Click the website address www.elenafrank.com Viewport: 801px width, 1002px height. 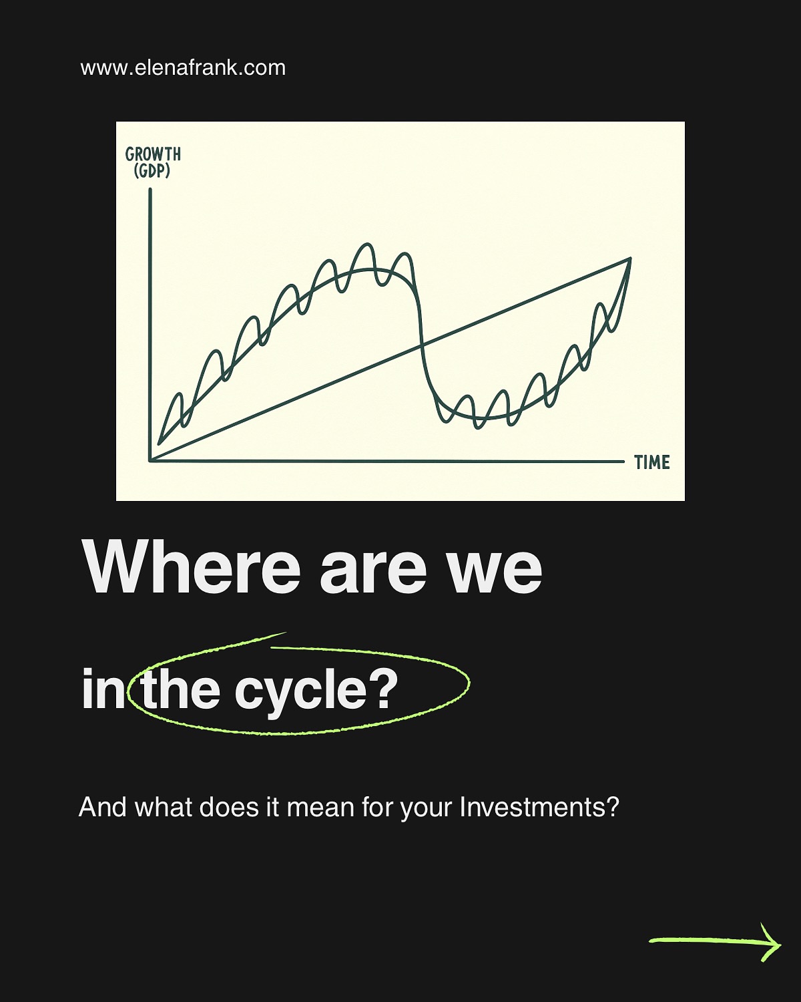[183, 67]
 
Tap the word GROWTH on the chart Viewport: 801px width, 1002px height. [153, 154]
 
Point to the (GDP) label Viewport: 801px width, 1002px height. [152, 171]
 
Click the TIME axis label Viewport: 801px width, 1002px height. [652, 462]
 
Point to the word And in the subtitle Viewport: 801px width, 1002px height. [102, 807]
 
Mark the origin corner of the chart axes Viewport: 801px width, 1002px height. [150, 460]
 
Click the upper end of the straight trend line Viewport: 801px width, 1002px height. [629, 258]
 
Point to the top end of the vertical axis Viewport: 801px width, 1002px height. [150, 190]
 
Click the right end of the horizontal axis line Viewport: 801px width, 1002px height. [623, 461]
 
